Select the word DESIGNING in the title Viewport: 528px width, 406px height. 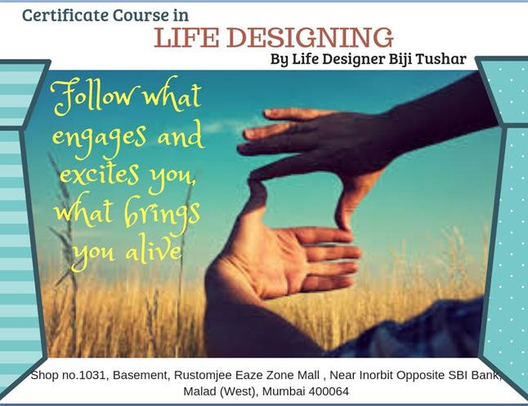click(310, 37)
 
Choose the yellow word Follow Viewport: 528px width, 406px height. click(94, 96)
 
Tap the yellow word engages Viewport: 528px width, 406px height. click(100, 139)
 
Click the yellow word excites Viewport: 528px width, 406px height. click(100, 174)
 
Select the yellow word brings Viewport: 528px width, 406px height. click(163, 213)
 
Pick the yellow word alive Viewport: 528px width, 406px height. click(154, 249)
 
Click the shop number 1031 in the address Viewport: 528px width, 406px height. click(92, 375)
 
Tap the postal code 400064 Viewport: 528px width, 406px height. click(329, 391)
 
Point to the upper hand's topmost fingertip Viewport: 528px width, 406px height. click(266, 113)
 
